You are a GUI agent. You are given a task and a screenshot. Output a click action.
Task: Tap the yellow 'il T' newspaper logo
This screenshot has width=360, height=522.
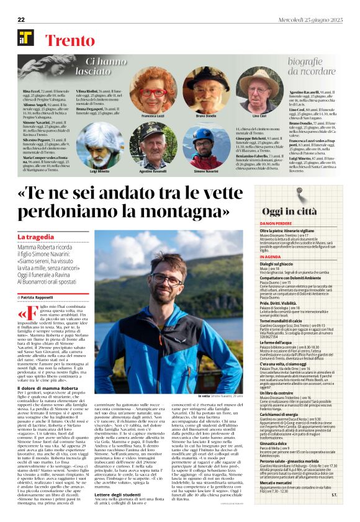[25, 37]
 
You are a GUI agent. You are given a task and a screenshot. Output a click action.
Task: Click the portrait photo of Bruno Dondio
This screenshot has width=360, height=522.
[205, 89]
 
